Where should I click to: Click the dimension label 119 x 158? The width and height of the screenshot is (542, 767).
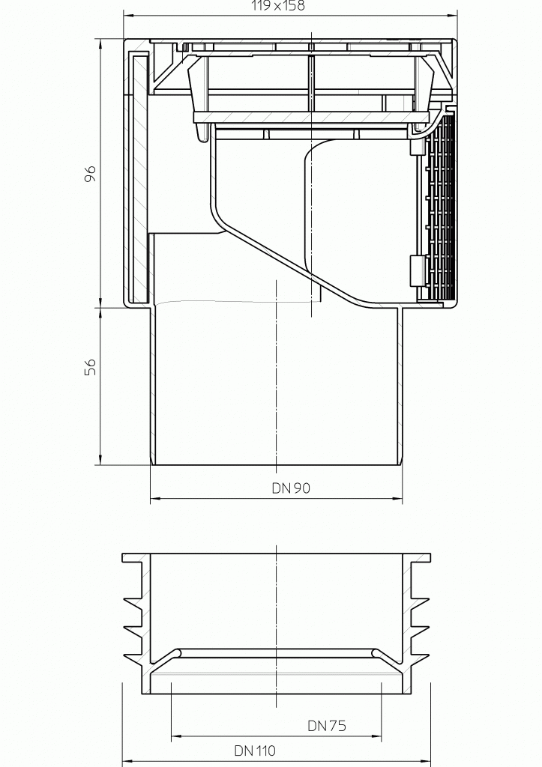click(x=278, y=5)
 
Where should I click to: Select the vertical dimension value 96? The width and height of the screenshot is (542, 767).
click(x=91, y=174)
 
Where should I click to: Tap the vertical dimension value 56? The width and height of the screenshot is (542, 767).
click(x=91, y=366)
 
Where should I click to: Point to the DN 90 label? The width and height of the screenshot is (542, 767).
click(x=291, y=488)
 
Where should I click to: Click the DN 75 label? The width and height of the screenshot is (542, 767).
click(x=327, y=725)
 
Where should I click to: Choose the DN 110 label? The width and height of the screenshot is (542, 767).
click(x=255, y=751)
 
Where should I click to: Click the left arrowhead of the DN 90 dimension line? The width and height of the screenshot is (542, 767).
click(x=155, y=499)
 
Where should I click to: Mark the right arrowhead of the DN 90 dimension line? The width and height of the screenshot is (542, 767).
click(x=397, y=499)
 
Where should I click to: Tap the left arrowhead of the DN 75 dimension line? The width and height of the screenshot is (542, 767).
click(x=176, y=736)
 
